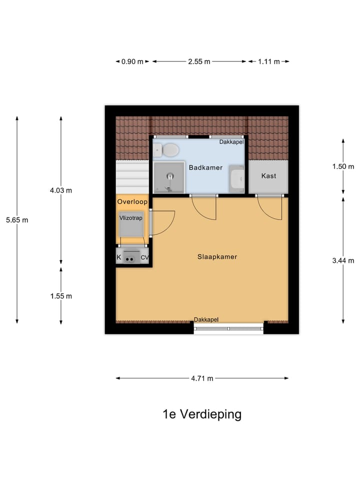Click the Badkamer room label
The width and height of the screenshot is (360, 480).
pos(205,167)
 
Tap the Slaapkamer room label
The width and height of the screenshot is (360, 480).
pos(216,256)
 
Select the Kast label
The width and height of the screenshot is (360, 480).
pos(268,176)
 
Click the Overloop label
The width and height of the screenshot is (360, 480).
pos(132,202)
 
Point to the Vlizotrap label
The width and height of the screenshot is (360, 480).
pos(131,218)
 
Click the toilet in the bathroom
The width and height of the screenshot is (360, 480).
pos(168,149)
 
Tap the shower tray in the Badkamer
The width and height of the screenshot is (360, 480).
pos(169,177)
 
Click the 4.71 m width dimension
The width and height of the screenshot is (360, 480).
pos(202,378)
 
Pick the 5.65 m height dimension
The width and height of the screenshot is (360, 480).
pos(17,219)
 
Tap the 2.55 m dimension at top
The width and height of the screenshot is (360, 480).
pos(199,61)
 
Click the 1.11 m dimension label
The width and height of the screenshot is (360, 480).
pos(268,61)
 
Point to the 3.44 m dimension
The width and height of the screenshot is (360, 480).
pos(343,260)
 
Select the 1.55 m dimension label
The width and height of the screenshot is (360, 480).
pos(61,296)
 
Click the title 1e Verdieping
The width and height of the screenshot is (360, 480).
pos(202,414)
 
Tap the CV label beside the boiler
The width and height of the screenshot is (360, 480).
pos(144,257)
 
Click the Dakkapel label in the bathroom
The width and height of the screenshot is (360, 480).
pos(231,142)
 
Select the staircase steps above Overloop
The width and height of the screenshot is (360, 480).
pos(132,176)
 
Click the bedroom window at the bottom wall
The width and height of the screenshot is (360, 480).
pos(228,328)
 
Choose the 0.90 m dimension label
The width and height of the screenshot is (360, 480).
pos(132,61)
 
